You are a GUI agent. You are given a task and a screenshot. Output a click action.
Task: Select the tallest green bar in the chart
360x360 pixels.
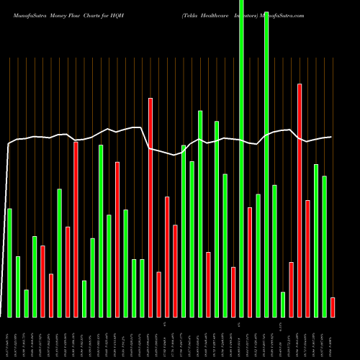pos(241,158)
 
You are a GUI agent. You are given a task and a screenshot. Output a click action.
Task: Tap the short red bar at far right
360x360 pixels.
pos(333,307)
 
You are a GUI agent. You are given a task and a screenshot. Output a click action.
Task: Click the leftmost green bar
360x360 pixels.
pos(9,263)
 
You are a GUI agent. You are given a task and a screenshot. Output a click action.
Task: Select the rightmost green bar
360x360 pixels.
pos(325,246)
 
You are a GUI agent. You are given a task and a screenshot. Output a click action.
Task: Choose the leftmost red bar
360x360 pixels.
pos(42,282)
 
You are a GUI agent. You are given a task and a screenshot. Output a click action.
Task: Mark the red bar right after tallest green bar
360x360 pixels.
pos(250,262)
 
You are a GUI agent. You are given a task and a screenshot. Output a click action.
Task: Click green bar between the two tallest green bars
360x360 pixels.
pos(258,256)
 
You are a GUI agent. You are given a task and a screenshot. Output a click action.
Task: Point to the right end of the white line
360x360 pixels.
pos(331,137)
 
